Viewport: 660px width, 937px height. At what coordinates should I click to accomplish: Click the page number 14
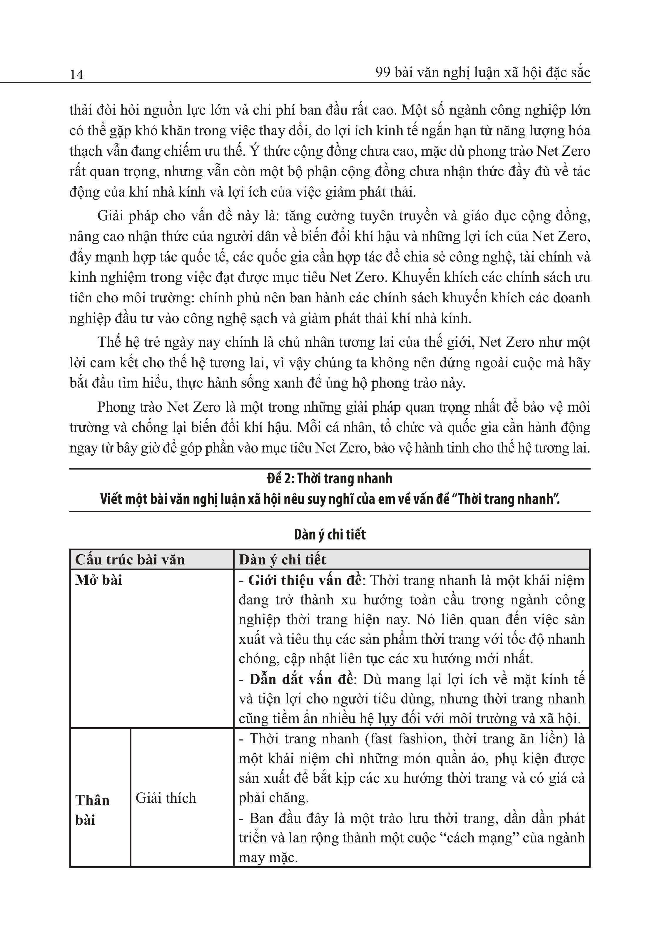(76, 75)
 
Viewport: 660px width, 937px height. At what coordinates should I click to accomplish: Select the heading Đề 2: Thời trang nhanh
(330, 479)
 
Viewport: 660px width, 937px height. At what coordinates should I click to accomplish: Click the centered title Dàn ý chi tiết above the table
(330, 535)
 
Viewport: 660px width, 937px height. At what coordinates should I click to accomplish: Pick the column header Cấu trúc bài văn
(130, 559)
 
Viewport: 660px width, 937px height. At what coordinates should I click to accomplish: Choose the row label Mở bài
(99, 580)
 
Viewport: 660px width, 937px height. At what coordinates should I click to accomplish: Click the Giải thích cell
(166, 798)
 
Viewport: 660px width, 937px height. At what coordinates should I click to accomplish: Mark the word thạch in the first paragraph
(85, 151)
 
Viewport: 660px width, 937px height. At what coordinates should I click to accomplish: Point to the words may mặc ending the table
(268, 858)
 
